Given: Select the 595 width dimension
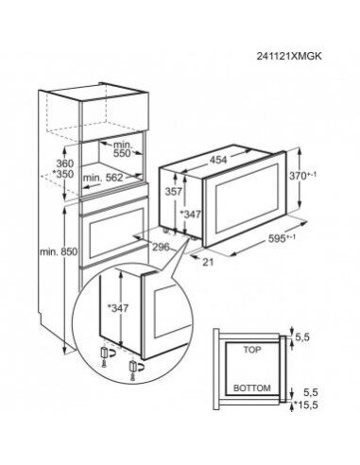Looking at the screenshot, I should [x=276, y=264].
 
